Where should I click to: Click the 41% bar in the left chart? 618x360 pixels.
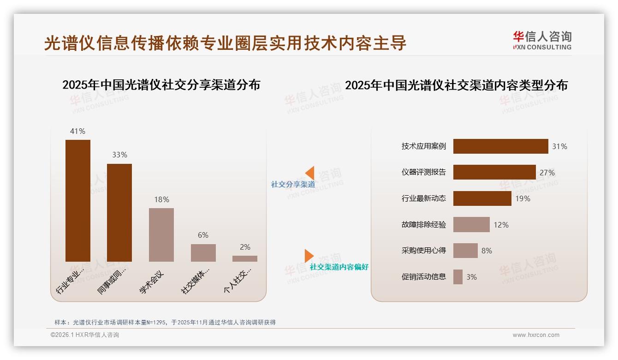[78, 201]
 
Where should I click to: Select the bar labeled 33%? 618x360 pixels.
[119, 213]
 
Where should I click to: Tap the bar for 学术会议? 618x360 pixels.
[161, 235]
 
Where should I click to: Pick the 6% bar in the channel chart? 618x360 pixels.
[203, 253]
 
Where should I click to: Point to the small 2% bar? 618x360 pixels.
[245, 258]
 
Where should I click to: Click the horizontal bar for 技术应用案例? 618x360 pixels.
[500, 146]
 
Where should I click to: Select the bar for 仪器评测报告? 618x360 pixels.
[494, 172]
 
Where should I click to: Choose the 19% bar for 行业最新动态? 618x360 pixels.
[482, 198]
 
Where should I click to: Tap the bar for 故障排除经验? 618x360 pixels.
[471, 225]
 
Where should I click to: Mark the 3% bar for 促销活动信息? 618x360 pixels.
[458, 277]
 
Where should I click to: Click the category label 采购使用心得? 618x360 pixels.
[424, 251]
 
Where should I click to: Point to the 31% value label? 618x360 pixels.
[559, 146]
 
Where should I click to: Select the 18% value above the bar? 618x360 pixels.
[161, 199]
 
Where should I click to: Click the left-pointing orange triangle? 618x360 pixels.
[310, 173]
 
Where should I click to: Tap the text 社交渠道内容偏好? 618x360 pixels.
[339, 267]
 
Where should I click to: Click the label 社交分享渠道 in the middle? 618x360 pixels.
[293, 184]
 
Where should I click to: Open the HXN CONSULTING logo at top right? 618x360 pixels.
[542, 41]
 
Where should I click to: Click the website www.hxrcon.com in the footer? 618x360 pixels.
[536, 335]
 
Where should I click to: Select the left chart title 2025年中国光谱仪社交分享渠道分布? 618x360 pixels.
[161, 85]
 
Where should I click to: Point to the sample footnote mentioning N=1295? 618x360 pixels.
[165, 322]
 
